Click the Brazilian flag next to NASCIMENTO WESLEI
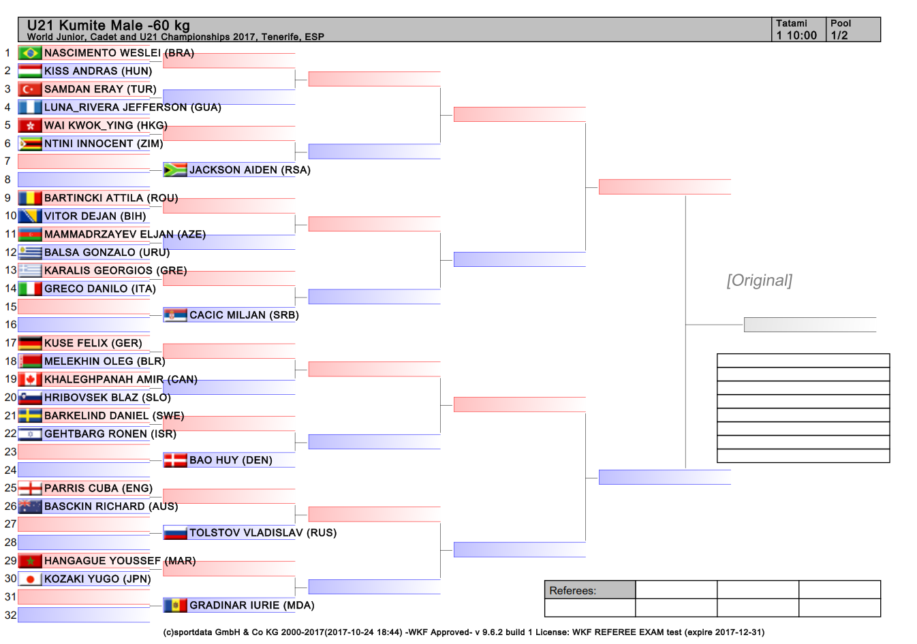click(x=30, y=53)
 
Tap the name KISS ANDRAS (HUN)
click(x=98, y=71)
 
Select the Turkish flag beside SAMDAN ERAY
click(x=30, y=89)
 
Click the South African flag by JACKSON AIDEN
click(x=175, y=170)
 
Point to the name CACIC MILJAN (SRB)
click(x=244, y=315)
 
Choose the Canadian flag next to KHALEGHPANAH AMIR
click(x=30, y=379)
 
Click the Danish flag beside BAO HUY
click(x=175, y=460)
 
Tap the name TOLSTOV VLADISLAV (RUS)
click(x=263, y=533)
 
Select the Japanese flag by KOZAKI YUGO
click(x=30, y=579)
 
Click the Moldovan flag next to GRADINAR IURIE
click(x=175, y=605)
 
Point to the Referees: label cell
click(x=590, y=590)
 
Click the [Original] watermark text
click(x=760, y=280)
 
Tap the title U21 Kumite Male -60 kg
click(x=108, y=25)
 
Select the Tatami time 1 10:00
click(x=796, y=35)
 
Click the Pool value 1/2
click(x=839, y=35)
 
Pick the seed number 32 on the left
click(x=11, y=615)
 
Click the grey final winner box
click(x=810, y=325)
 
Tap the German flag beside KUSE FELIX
click(x=30, y=343)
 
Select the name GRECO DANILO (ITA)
click(x=100, y=289)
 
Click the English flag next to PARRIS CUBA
click(x=30, y=488)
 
